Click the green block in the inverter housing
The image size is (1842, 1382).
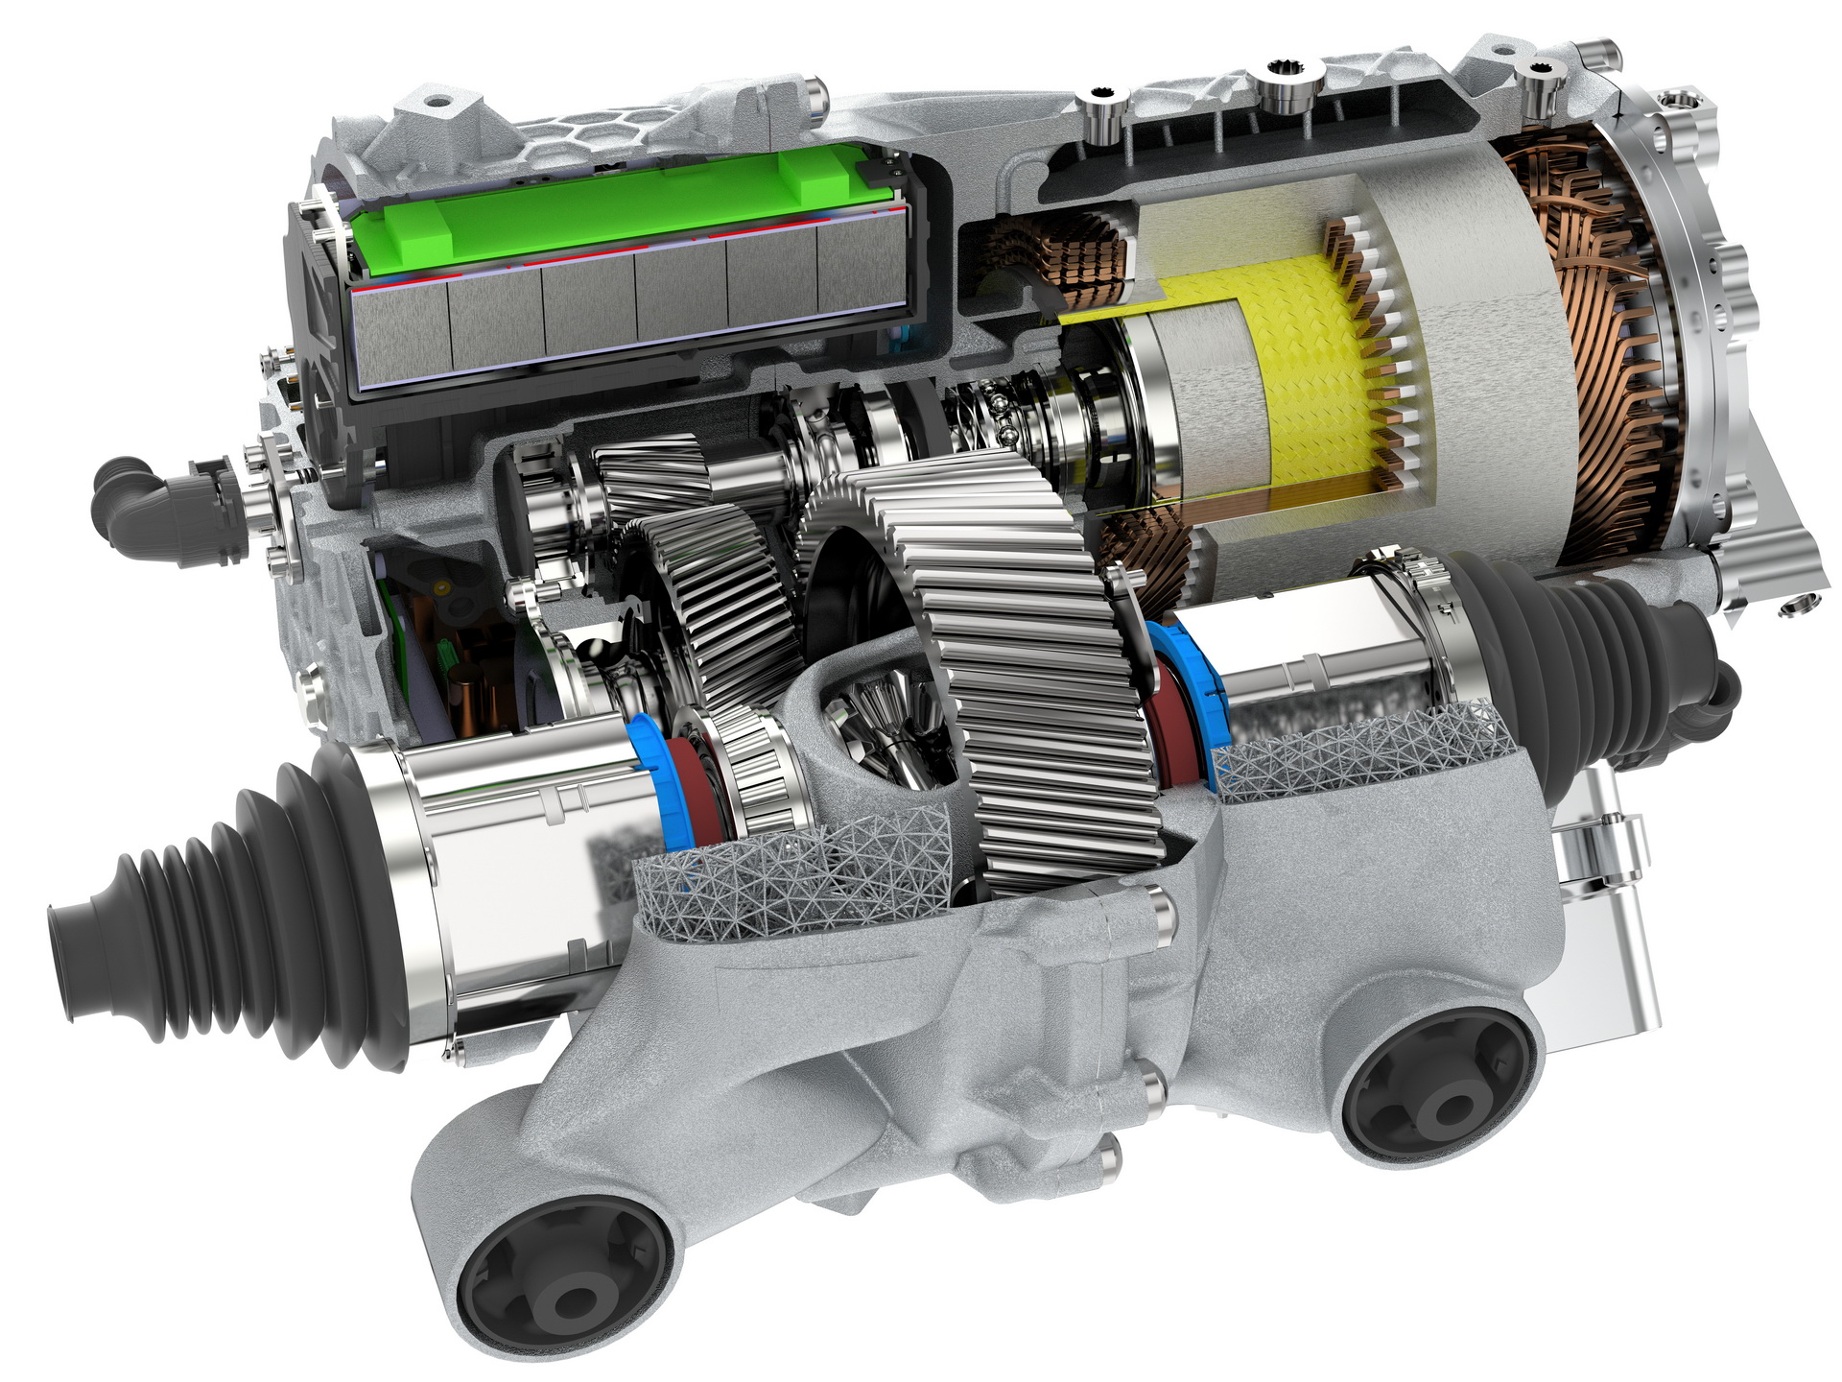pyautogui.click(x=614, y=216)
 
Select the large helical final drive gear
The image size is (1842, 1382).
pyautogui.click(x=1036, y=672)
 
